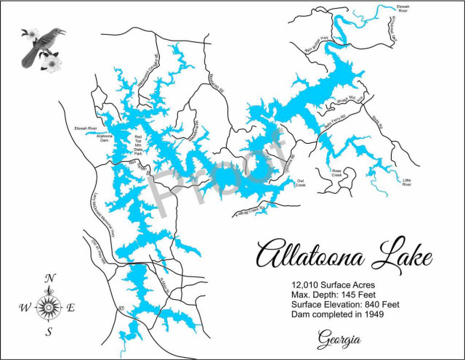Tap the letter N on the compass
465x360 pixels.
click(x=49, y=278)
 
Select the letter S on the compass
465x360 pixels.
click(x=49, y=332)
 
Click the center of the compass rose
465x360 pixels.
click(x=49, y=306)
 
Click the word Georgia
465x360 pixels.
click(x=339, y=339)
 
